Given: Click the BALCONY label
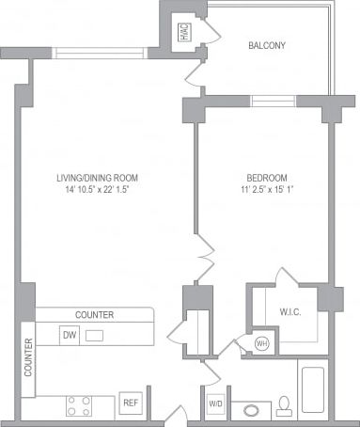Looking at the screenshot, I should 267,45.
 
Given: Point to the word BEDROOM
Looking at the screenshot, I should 266,178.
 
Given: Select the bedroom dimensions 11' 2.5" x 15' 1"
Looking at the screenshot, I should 266,191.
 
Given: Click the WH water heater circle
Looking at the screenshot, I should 262,342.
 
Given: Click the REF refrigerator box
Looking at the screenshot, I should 131,403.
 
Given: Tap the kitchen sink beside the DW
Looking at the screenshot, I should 95,334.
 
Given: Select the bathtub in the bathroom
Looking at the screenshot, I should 311,390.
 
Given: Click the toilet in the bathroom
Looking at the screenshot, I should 284,406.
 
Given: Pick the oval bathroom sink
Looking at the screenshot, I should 250,410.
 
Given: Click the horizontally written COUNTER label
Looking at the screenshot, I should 95,314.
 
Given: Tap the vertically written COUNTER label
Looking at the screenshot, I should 28,357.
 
